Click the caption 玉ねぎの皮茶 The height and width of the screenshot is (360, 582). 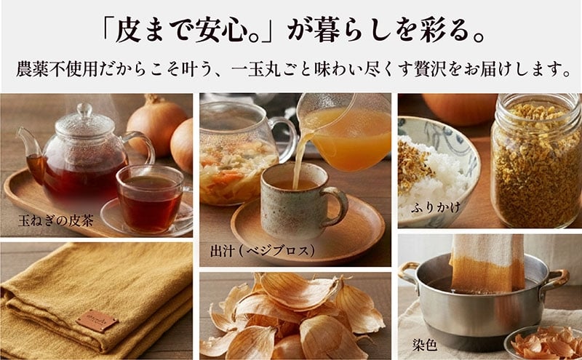56,221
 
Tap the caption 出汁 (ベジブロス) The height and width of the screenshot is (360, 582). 263,251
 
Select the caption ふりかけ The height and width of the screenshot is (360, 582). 435,207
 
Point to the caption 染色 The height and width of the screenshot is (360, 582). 425,345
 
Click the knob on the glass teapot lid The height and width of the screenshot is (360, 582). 84,110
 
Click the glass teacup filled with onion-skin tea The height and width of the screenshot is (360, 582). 151,199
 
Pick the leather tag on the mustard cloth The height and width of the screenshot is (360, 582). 97,320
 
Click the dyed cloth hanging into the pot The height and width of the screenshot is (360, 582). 487,263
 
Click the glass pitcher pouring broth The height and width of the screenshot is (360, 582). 343,132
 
